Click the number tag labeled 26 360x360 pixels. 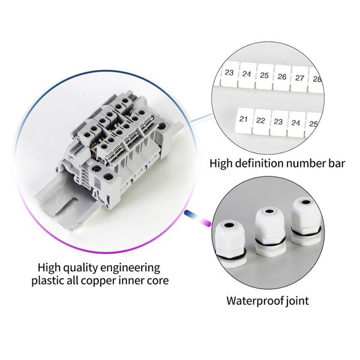tap(282, 77)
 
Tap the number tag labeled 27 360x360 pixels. tap(299, 79)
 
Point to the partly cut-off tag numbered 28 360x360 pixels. tap(316, 79)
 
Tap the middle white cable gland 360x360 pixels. tap(270, 232)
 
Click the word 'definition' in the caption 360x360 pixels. tap(260, 163)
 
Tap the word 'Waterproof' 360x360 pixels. tap(255, 301)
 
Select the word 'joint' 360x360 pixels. tap(297, 301)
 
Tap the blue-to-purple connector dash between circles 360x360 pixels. tap(197, 217)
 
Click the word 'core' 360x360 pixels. tap(158, 281)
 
